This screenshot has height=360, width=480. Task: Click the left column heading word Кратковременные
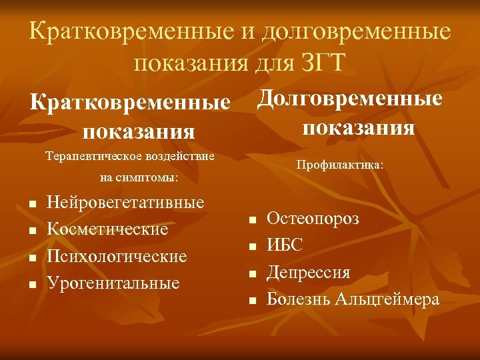tap(131, 103)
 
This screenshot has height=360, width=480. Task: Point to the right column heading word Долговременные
tap(350, 99)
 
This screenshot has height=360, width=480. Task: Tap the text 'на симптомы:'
tap(139, 178)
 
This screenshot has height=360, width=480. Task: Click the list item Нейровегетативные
tap(126, 202)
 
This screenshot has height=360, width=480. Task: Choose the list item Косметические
tap(108, 229)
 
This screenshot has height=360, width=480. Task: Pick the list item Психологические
tap(117, 256)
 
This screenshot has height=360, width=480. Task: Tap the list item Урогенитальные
tap(114, 283)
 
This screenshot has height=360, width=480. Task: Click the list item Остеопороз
tap(313, 218)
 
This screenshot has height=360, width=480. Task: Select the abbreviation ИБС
tap(285, 245)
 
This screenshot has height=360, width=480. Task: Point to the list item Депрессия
tap(309, 272)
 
